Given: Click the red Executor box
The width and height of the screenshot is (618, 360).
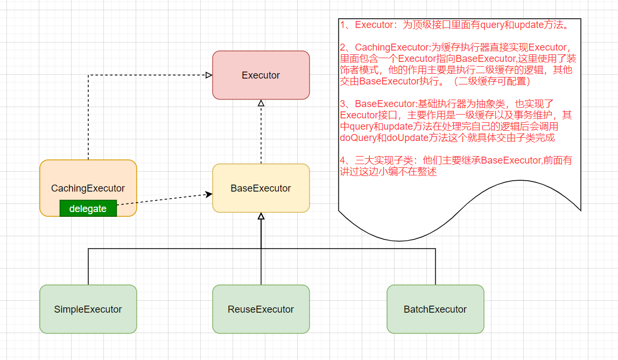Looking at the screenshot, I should coord(261,75).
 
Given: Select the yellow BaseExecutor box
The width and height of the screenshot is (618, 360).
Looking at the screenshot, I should coord(261,188).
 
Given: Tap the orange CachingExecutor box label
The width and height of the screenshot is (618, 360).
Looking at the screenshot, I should coord(88,188).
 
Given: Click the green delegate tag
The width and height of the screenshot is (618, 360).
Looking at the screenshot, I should coord(88,209).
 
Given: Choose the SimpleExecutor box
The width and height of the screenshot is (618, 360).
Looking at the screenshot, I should coord(88,309).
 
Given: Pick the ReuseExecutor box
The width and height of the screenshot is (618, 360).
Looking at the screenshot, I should coord(261,309).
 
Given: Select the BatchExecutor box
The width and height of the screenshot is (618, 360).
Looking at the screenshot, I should coord(435,309).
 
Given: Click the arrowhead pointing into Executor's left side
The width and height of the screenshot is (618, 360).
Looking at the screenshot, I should coord(209,75).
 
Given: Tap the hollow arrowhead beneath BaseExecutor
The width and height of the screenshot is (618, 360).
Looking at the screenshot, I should coord(261,216).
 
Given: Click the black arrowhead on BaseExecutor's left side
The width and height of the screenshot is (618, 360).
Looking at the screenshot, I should coord(209,194).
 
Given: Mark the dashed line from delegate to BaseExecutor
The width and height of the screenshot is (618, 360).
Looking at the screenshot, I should coord(161,200).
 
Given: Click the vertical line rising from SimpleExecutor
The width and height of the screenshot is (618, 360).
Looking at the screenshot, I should coord(88,266).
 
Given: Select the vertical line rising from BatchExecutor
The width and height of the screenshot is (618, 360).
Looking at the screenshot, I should coord(435,266).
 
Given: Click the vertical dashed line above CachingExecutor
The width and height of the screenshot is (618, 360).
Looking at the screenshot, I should coord(88,118).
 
